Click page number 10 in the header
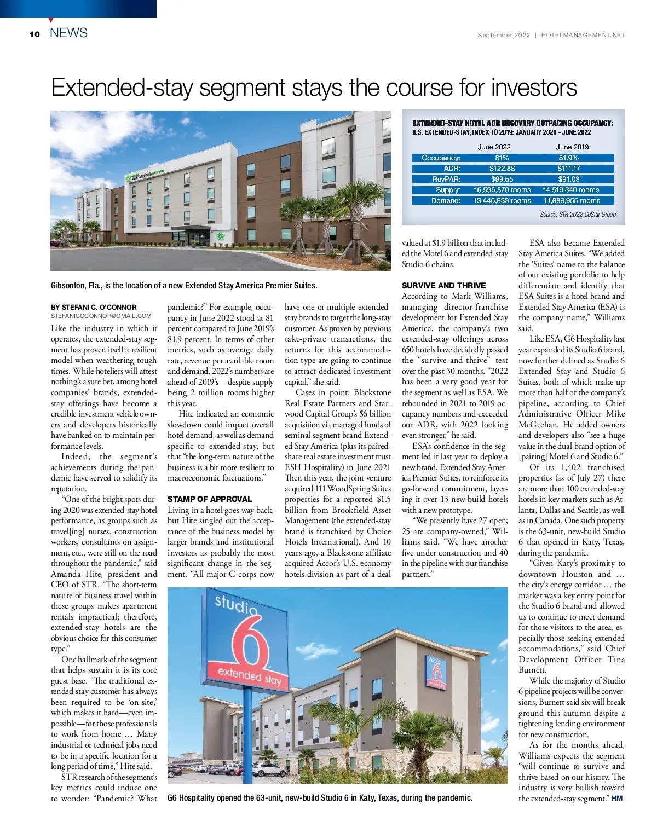[35, 34]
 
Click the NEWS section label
[68, 33]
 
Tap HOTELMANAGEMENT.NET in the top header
[583, 35]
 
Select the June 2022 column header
[494, 147]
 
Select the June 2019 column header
[572, 147]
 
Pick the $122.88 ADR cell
[502, 169]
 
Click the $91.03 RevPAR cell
[569, 179]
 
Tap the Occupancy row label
[441, 158]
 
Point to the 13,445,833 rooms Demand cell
[502, 200]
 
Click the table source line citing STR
[578, 215]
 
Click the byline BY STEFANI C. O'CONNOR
[94, 307]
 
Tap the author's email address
[101, 316]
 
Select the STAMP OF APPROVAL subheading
[210, 499]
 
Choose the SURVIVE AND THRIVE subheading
[443, 286]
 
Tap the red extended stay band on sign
[250, 676]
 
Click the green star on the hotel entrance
[221, 236]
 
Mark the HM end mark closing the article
[617, 799]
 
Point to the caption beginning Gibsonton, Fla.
[184, 286]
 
